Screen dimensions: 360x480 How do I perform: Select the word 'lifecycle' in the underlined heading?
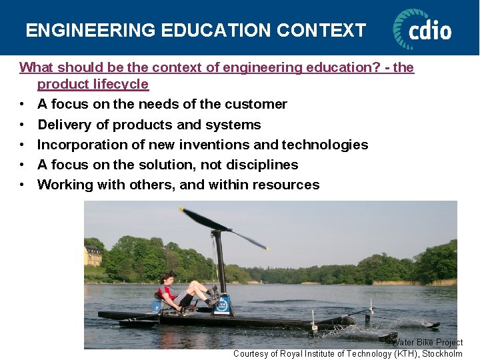(x=121, y=85)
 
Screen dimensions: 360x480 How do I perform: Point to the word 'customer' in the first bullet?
(x=256, y=104)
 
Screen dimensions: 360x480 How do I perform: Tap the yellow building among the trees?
(x=93, y=255)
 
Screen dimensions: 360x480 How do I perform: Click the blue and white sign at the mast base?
(x=222, y=305)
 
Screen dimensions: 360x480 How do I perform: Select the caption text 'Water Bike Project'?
(x=427, y=342)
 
